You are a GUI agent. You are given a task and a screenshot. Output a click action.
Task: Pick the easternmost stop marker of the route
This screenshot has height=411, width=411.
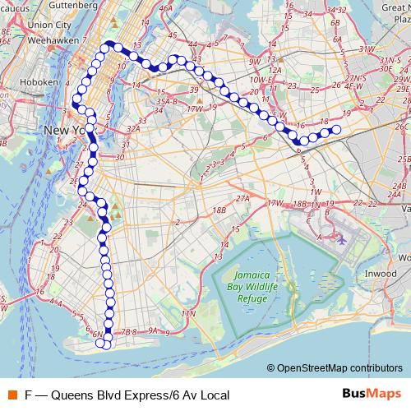click(336, 128)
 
